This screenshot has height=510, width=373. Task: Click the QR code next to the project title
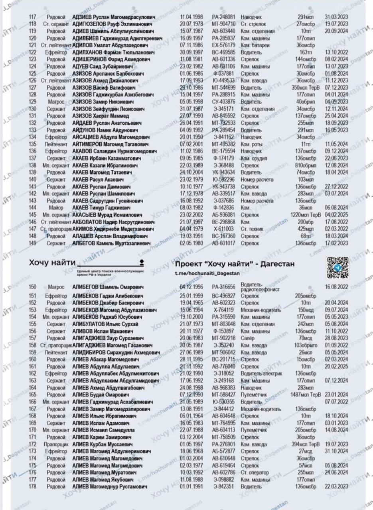[x=337, y=267]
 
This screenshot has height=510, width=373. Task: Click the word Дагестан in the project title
[x=275, y=264]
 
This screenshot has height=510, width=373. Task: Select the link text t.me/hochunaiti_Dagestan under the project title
[x=209, y=274]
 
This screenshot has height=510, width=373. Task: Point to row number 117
[x=33, y=17]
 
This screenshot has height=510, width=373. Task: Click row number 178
[x=33, y=487]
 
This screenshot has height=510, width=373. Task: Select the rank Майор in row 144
[x=56, y=207]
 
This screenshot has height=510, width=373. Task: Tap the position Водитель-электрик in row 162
[x=261, y=374]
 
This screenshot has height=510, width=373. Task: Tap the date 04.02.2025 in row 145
[x=336, y=214]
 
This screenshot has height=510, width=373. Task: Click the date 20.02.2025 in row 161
[x=336, y=367]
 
